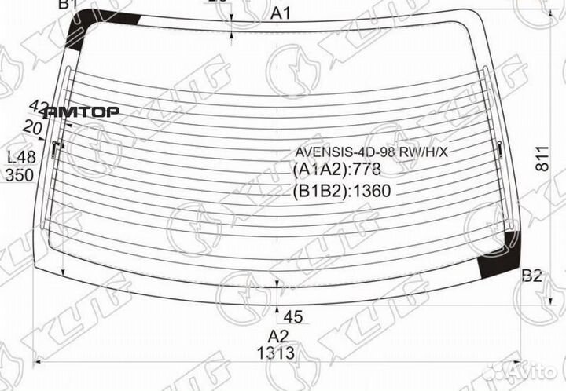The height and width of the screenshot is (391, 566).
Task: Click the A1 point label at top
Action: click(281, 13)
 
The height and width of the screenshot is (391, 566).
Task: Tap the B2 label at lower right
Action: click(532, 276)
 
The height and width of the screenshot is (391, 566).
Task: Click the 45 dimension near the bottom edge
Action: click(292, 317)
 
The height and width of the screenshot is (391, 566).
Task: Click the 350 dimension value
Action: click(19, 175)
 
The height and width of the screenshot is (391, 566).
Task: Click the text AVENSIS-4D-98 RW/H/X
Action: click(371, 152)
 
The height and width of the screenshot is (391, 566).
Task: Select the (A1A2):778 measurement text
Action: click(337, 170)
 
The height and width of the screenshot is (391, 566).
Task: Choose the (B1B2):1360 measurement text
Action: click(342, 190)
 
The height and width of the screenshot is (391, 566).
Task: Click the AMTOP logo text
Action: click(83, 112)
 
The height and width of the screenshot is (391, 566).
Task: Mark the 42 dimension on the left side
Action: click(38, 106)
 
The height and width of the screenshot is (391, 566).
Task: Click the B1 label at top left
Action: click(68, 5)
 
